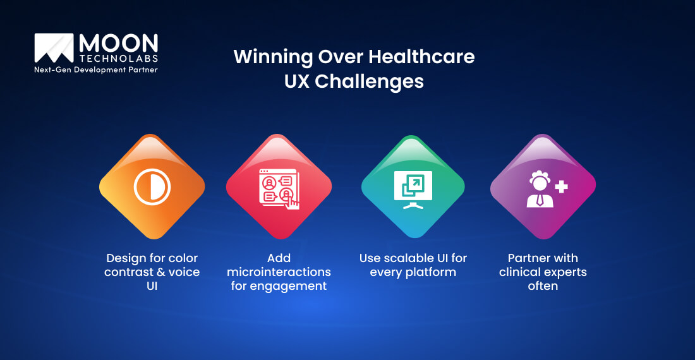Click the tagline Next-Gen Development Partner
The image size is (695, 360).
(95, 69)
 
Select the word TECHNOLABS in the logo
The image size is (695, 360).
(118, 59)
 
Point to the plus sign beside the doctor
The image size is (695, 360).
(560, 186)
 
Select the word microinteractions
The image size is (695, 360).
(278, 272)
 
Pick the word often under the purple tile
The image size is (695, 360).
(543, 286)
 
